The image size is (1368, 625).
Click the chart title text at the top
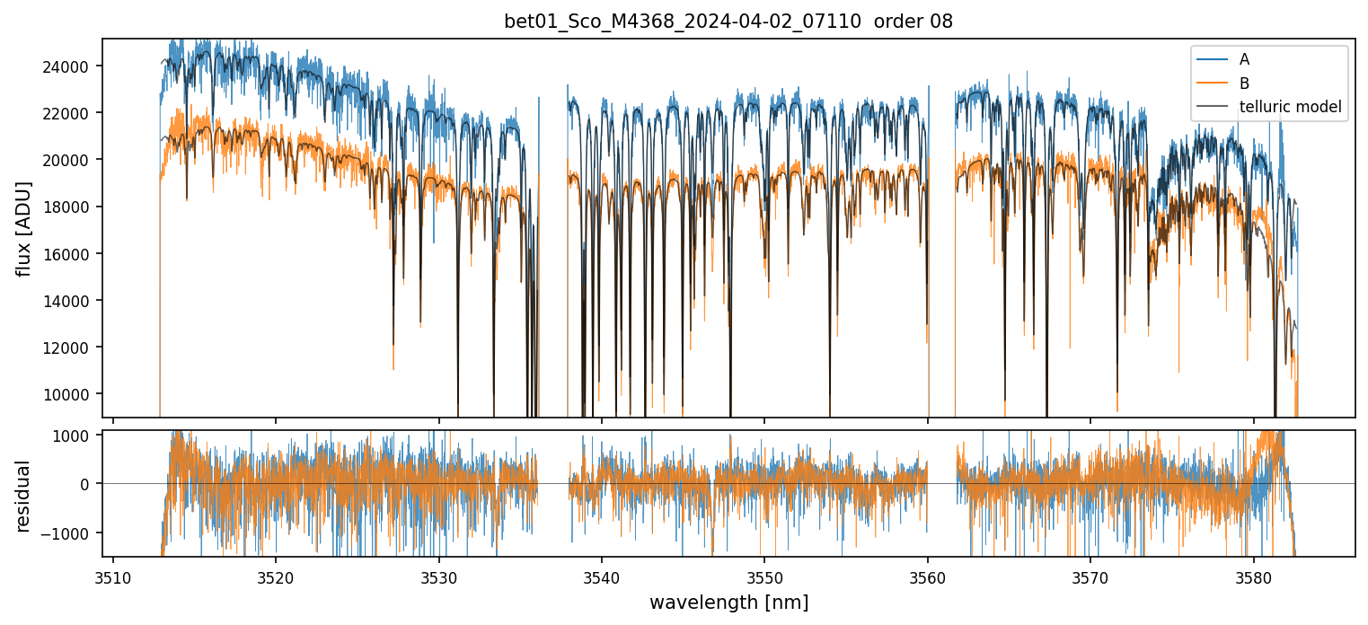click(x=728, y=22)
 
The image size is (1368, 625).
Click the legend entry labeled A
click(x=1244, y=59)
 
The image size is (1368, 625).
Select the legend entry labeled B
click(x=1244, y=84)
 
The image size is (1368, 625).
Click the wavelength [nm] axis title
click(x=728, y=602)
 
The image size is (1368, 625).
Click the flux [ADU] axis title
click(x=24, y=228)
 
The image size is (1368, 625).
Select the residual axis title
click(x=24, y=496)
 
